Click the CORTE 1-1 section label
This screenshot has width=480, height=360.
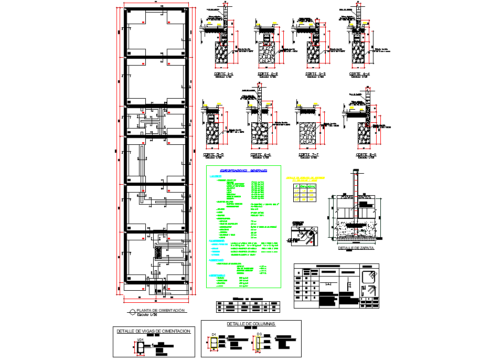click(223, 74)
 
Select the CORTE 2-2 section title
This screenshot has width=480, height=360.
click(268, 74)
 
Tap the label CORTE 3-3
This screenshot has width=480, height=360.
click(315, 74)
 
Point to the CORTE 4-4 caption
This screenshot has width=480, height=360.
click(359, 74)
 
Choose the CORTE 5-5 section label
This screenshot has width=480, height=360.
click(213, 155)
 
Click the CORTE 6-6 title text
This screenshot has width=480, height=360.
click(260, 155)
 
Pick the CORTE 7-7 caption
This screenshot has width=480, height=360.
click(308, 155)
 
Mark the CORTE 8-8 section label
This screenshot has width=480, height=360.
click(366, 155)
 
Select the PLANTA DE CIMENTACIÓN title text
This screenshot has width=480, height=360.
click(161, 311)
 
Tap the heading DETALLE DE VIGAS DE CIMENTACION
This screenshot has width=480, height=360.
click(153, 331)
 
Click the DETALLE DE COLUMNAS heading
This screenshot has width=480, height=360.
click(251, 324)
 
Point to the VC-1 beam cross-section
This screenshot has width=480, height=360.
click(141, 346)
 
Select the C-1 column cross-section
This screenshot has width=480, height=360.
click(214, 343)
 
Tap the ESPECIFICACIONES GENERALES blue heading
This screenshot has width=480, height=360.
click(243, 171)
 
